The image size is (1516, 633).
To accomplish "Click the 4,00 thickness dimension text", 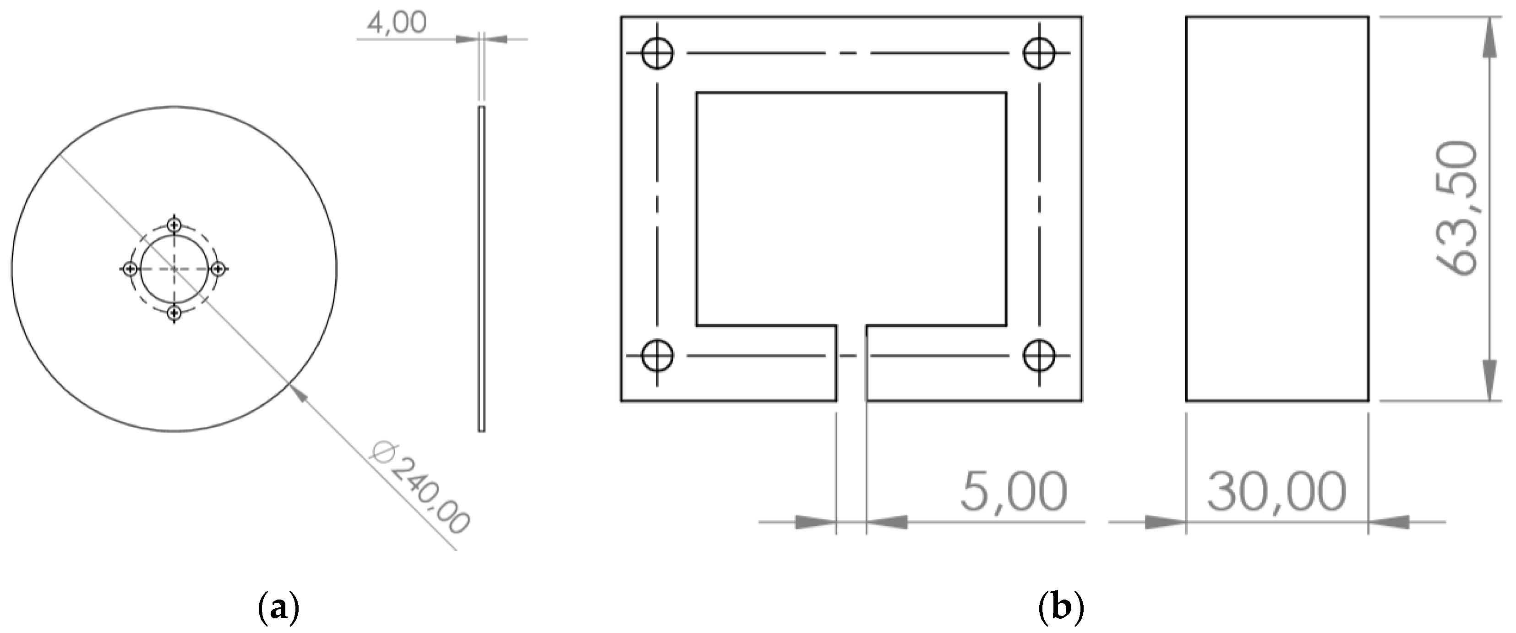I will coord(397,23).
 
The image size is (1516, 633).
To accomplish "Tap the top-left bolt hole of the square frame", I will coord(657,54).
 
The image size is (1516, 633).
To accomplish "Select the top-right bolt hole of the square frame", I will coord(1039,54).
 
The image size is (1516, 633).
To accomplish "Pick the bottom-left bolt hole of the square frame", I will coord(657,356).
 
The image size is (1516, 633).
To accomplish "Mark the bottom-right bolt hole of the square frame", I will coord(1039,356).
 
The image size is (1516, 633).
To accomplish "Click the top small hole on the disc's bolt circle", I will coord(174,225).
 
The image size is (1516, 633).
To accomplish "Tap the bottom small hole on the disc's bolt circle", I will coord(174,313).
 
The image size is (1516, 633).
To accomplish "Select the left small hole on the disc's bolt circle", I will coord(131,269).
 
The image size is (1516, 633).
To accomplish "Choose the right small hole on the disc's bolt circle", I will coord(218,269).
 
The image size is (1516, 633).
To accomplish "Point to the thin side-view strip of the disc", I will coord(481,269).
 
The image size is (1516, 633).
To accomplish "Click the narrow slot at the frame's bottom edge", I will coord(851,365).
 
